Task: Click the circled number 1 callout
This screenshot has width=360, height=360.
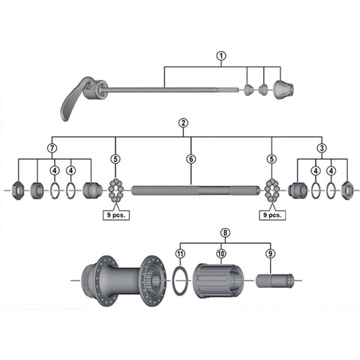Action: point(221,56)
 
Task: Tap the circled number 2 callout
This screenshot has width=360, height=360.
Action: point(183,123)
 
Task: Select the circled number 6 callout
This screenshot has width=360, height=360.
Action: point(191,159)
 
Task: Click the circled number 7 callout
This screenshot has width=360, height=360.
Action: point(52,148)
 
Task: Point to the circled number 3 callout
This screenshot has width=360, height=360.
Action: point(322,148)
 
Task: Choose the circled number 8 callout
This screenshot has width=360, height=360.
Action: point(225,233)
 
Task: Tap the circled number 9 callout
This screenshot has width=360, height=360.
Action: point(270,253)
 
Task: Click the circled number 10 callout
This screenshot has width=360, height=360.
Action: point(221,253)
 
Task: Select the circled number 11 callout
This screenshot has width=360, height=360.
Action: point(180,253)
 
